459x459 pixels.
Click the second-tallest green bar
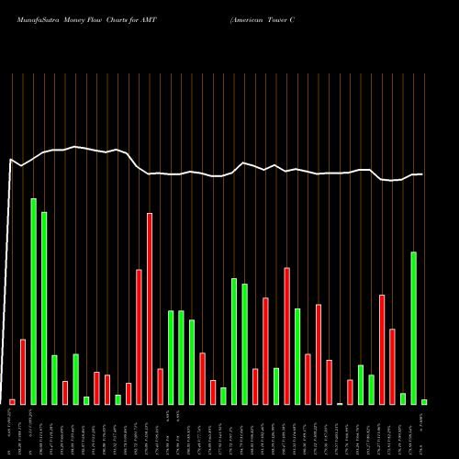[44, 308]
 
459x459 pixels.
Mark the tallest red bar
[150, 308]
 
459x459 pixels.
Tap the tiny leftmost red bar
[13, 402]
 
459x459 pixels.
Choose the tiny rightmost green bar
[424, 402]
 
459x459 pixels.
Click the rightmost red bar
[392, 366]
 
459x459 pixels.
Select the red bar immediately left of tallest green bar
[23, 372]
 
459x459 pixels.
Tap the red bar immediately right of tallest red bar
[160, 386]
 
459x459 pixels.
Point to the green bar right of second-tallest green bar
[54, 379]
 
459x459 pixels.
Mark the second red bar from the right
[382, 349]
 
